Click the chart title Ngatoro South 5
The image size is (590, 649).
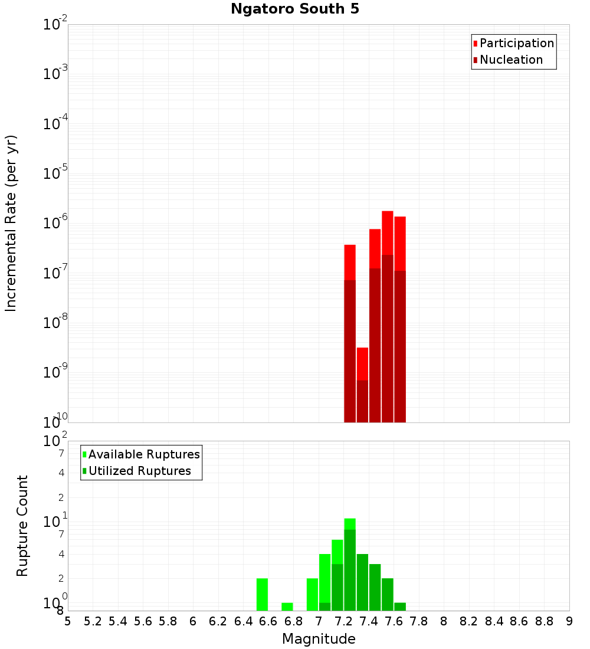pyautogui.click(x=295, y=9)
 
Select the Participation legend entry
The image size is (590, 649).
pyautogui.click(x=517, y=43)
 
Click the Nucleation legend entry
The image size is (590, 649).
pyautogui.click(x=511, y=60)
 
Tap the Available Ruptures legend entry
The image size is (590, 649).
pyautogui.click(x=144, y=454)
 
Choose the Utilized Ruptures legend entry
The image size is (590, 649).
pyautogui.click(x=139, y=471)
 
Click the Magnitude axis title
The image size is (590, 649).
pyautogui.click(x=319, y=639)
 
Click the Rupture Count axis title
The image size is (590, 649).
pyautogui.click(x=22, y=526)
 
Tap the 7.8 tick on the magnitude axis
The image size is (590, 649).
pyautogui.click(x=419, y=621)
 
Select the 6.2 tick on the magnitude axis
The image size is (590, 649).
pyautogui.click(x=218, y=621)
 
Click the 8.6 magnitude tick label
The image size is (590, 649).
pyautogui.click(x=519, y=621)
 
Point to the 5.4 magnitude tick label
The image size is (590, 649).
pyautogui.click(x=118, y=621)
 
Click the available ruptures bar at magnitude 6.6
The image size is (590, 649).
pyautogui.click(x=263, y=594)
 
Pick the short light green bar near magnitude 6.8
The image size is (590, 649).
pyautogui.click(x=287, y=607)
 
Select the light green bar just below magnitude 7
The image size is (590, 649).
pyautogui.click(x=313, y=594)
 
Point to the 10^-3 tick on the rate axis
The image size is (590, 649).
pyautogui.click(x=56, y=74)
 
